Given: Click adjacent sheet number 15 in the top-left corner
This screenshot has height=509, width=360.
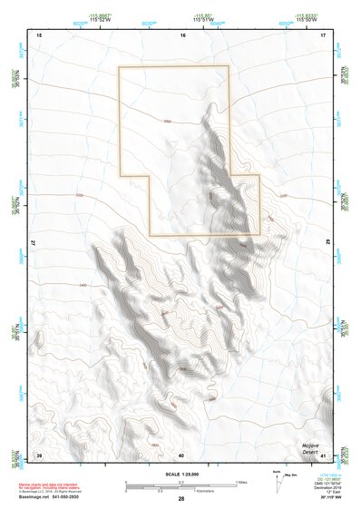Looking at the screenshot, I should (x=39, y=34).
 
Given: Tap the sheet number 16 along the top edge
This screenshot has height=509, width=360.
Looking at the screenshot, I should (x=182, y=34).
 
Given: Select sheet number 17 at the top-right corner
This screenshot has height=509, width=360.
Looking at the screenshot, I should (x=324, y=34).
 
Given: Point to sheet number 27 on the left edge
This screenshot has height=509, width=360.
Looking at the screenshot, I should (x=34, y=244).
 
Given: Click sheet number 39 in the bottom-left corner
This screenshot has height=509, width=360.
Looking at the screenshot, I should (x=39, y=454).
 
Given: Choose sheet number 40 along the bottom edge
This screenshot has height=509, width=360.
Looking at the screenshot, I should (x=181, y=455).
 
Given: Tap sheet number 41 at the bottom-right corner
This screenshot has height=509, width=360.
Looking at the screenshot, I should (x=324, y=454).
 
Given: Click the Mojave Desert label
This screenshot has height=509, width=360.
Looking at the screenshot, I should (x=314, y=449).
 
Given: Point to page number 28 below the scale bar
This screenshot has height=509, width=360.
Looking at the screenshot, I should (x=181, y=499).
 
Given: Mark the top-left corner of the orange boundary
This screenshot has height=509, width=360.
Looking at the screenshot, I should (x=119, y=67).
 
